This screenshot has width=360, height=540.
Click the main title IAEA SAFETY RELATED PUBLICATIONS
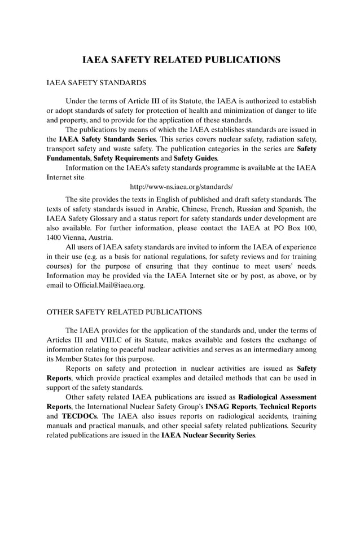coord(181,59)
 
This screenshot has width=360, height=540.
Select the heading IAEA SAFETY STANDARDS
coord(96,83)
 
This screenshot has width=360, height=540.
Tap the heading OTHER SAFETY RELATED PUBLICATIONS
coord(124,311)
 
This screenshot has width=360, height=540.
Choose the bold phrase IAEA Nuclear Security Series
coord(208,436)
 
